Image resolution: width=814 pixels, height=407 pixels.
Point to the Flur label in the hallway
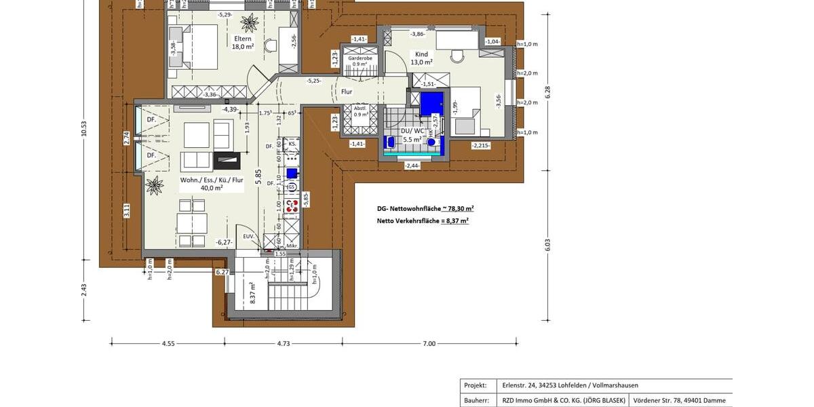[x=347, y=92]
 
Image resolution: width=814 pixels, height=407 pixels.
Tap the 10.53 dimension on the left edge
[x=84, y=129]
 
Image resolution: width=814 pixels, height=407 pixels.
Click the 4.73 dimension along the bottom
[x=283, y=344]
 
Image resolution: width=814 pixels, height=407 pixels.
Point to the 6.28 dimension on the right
[x=547, y=93]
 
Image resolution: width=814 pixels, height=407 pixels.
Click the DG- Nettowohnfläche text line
[x=425, y=209]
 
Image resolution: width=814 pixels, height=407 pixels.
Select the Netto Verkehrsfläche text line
[x=423, y=220]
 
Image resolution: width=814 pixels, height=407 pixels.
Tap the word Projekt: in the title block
[x=475, y=385]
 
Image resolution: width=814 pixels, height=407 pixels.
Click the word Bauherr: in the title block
[x=476, y=401]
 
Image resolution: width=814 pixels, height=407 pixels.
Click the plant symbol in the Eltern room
[x=249, y=22]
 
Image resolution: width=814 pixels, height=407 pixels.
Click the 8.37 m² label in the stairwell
[x=252, y=293]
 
